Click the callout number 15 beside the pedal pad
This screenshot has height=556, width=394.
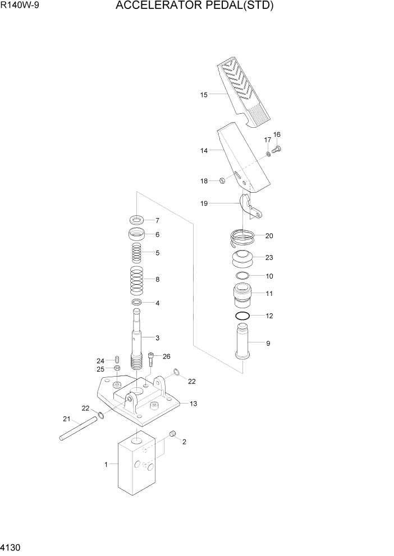point(204,95)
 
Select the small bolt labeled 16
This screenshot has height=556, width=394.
point(277,149)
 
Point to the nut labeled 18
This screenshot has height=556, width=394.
point(222,180)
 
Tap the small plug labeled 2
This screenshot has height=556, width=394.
point(173,433)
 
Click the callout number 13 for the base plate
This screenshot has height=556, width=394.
point(193,404)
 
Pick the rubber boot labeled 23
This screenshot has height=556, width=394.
point(242,260)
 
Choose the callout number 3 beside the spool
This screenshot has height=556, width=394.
point(157,337)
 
